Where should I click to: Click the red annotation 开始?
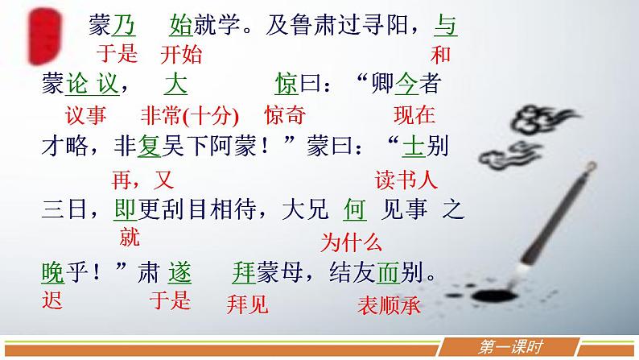pyautogui.click(x=181, y=55)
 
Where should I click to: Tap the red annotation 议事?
pyautogui.click(x=85, y=114)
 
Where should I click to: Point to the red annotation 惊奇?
pyautogui.click(x=284, y=114)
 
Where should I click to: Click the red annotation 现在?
pyautogui.click(x=414, y=114)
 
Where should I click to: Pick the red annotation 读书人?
pyautogui.click(x=406, y=180)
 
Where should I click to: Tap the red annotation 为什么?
pyautogui.click(x=351, y=240)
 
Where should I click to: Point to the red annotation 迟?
pyautogui.click(x=52, y=301)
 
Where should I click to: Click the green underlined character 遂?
pyautogui.click(x=179, y=273)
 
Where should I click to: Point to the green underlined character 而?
pyautogui.click(x=388, y=273)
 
